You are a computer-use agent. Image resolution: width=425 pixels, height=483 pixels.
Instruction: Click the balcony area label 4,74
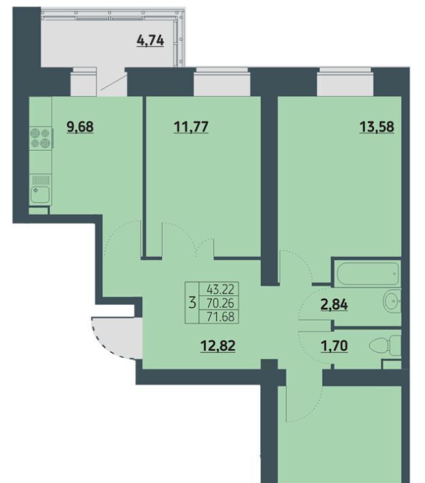click(x=150, y=40)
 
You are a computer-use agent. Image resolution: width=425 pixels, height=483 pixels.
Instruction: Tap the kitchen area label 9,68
click(x=80, y=127)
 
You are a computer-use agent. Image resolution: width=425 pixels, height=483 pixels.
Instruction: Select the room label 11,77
click(x=191, y=127)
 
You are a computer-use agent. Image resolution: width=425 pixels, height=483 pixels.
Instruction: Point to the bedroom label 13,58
click(x=377, y=127)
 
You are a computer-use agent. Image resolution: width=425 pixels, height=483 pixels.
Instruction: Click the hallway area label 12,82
click(x=218, y=346)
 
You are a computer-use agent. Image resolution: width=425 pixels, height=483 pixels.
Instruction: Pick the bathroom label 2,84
click(x=335, y=304)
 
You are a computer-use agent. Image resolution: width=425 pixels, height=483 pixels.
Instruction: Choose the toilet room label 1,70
click(x=335, y=346)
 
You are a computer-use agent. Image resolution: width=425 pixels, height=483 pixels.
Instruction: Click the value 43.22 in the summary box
click(x=220, y=289)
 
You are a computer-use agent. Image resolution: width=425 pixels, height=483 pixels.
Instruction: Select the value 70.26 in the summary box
click(x=220, y=303)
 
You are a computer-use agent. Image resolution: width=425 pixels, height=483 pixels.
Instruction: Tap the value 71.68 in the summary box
click(x=220, y=316)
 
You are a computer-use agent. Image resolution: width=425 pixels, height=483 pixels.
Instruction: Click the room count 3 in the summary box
click(x=192, y=303)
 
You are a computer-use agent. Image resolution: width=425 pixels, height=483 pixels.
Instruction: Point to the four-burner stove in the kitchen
click(x=41, y=138)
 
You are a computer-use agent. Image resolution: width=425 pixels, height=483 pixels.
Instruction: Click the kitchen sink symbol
click(x=40, y=195)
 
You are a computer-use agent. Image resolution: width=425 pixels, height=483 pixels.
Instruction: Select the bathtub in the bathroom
click(x=368, y=274)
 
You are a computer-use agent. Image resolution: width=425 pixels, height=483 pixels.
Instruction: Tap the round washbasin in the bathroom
click(x=392, y=301)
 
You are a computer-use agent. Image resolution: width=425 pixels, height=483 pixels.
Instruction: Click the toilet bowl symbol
click(x=385, y=346)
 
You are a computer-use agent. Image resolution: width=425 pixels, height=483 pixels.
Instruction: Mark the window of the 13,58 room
click(x=345, y=82)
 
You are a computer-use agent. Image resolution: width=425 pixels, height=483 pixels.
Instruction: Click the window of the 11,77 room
click(x=222, y=82)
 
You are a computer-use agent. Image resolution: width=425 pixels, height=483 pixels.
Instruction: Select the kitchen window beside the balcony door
click(x=84, y=82)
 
